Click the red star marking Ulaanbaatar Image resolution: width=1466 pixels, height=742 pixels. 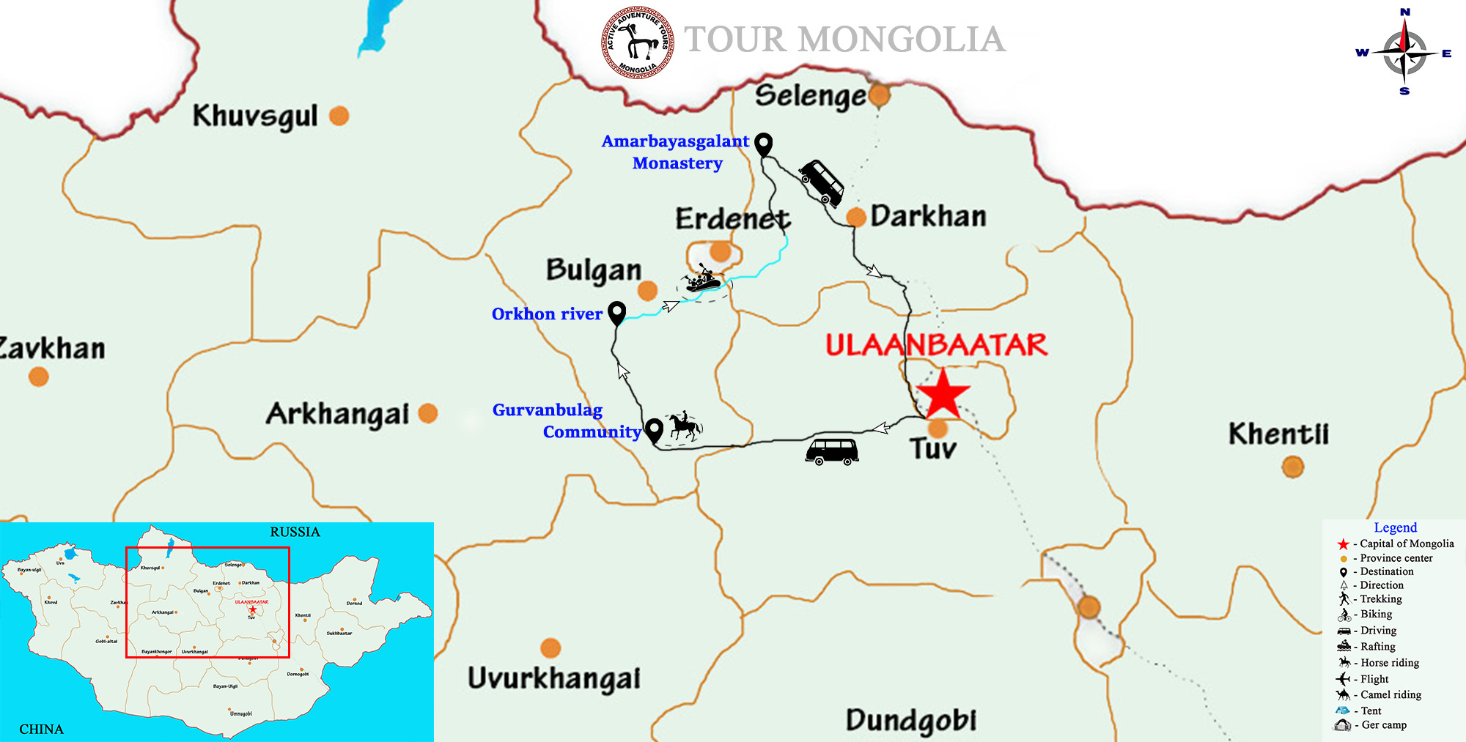pos(943,394)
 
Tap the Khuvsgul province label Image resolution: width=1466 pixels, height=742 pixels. pos(255,116)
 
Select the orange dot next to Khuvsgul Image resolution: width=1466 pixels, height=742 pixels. pos(339,116)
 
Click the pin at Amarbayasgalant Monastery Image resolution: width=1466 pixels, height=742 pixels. pos(764,144)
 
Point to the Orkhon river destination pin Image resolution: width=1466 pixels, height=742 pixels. pos(617,313)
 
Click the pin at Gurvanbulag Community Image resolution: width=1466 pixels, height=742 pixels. pos(654,429)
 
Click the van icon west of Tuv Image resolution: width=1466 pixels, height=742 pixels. pos(832,450)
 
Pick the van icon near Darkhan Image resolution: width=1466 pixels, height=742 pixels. pos(822,182)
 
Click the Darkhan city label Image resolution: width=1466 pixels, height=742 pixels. pos(928,216)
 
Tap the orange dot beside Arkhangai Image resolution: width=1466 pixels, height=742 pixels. pos(428,413)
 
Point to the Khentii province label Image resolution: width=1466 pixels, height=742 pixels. pos(1278,434)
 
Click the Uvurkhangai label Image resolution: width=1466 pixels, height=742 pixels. pos(554,678)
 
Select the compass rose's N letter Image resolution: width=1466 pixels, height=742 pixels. pos(1405,12)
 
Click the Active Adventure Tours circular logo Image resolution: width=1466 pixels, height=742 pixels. pos(638,42)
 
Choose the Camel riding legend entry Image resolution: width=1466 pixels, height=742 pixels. pos(1390,694)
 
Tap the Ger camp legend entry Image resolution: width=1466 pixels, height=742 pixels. pos(1383,725)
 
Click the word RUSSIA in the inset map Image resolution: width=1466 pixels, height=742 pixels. pos(295,532)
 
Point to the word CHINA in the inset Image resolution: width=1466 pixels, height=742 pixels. pos(41,729)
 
